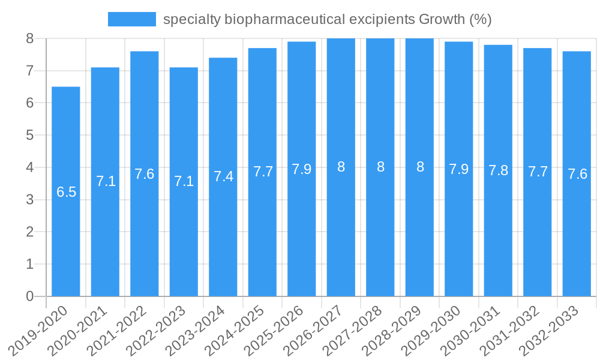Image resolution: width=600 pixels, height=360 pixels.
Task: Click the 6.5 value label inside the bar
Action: (66, 192)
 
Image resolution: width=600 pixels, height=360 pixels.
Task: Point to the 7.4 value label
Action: (223, 176)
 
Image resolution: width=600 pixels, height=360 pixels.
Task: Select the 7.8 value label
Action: (499, 170)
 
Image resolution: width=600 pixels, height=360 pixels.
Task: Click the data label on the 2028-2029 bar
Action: (420, 167)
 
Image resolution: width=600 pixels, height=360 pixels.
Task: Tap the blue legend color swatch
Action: (131, 19)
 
